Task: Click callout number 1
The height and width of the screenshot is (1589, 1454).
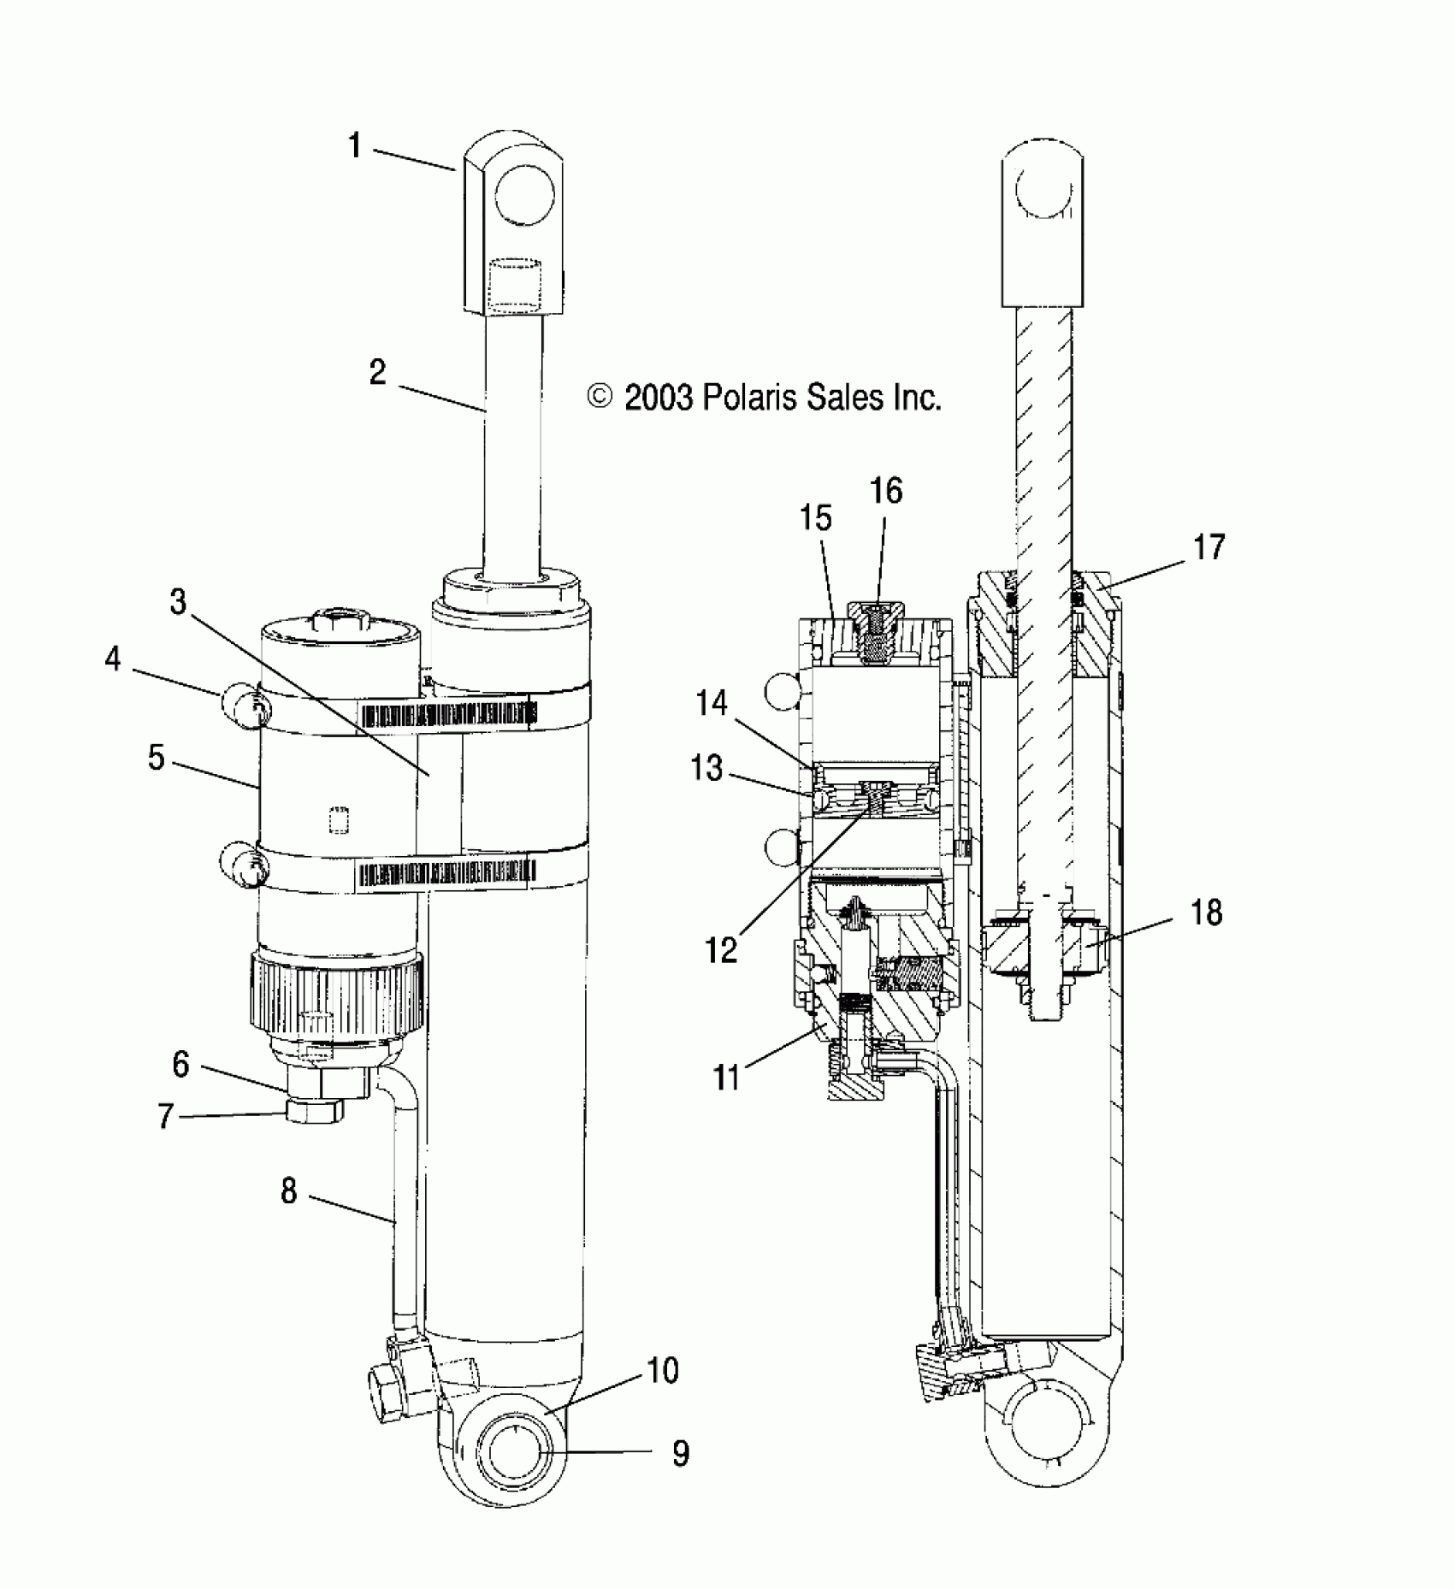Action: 355,146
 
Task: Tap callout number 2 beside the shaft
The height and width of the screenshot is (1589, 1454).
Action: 377,373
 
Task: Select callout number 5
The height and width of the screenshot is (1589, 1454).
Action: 156,756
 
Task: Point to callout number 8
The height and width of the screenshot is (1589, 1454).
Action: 289,1190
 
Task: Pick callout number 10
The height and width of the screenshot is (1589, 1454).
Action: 663,1371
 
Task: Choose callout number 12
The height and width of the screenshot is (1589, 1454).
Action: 723,950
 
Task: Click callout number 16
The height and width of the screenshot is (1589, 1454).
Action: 886,491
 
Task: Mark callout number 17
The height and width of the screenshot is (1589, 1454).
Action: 1209,546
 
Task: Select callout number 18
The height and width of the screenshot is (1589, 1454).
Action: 1206,913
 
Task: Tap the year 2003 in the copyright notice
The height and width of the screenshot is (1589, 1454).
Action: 658,398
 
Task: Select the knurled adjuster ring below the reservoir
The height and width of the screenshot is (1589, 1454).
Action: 336,993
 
